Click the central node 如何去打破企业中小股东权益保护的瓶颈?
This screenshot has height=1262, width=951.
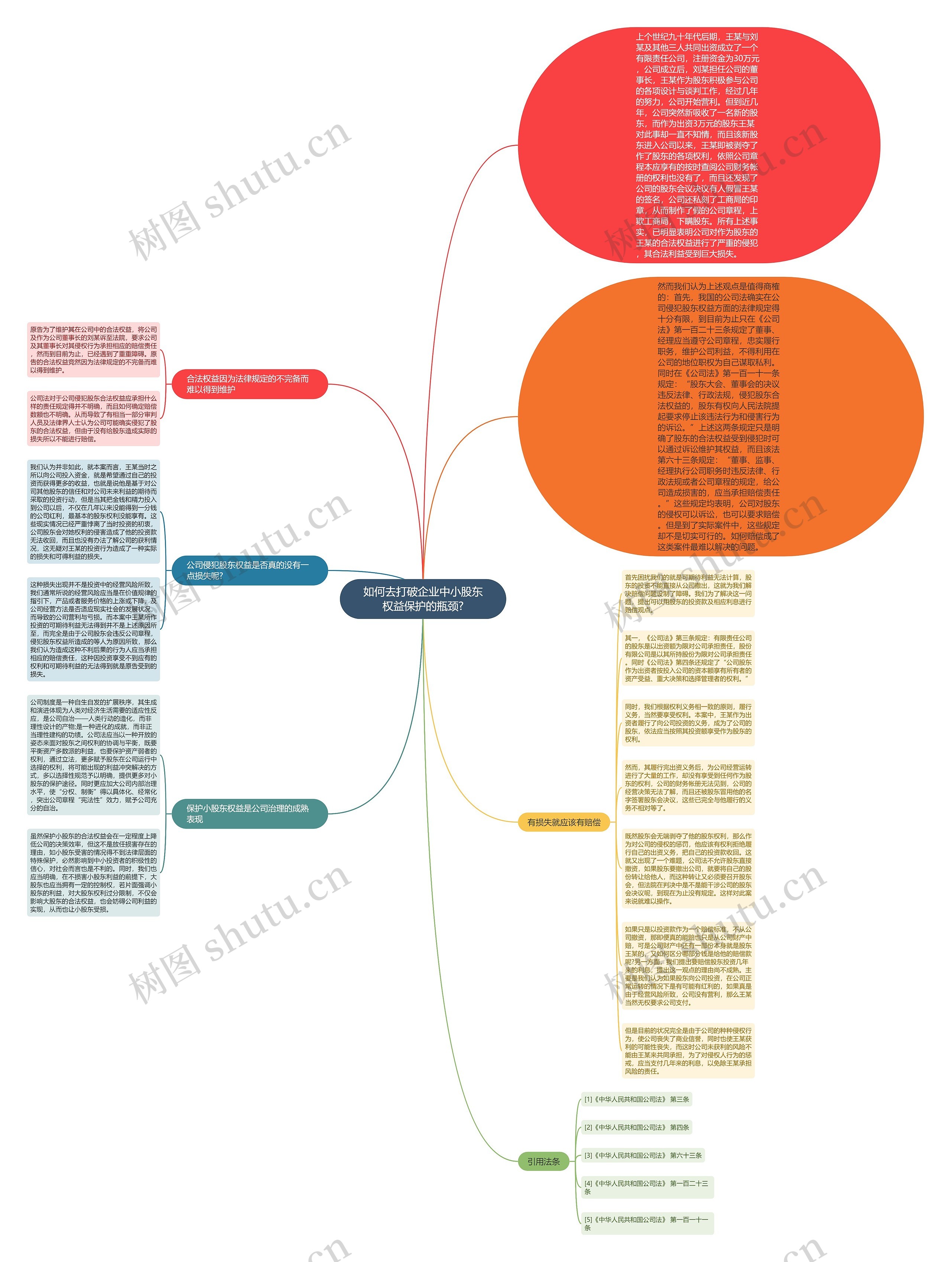(x=422, y=598)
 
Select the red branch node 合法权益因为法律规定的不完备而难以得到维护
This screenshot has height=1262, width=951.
(x=249, y=384)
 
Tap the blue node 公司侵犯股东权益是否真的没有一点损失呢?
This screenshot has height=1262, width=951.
(x=249, y=570)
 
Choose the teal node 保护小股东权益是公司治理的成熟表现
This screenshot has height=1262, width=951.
(x=249, y=814)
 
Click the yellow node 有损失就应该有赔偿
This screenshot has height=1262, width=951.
(x=563, y=822)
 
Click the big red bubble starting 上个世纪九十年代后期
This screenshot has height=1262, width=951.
(x=698, y=145)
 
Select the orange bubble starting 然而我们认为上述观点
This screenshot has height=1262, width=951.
(x=720, y=416)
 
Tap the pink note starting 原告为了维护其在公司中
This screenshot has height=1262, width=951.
(x=94, y=350)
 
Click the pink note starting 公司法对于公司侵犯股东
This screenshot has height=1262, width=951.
(x=94, y=418)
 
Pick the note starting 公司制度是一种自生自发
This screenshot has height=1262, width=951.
(x=94, y=755)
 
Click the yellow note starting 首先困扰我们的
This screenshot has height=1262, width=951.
(x=688, y=593)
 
